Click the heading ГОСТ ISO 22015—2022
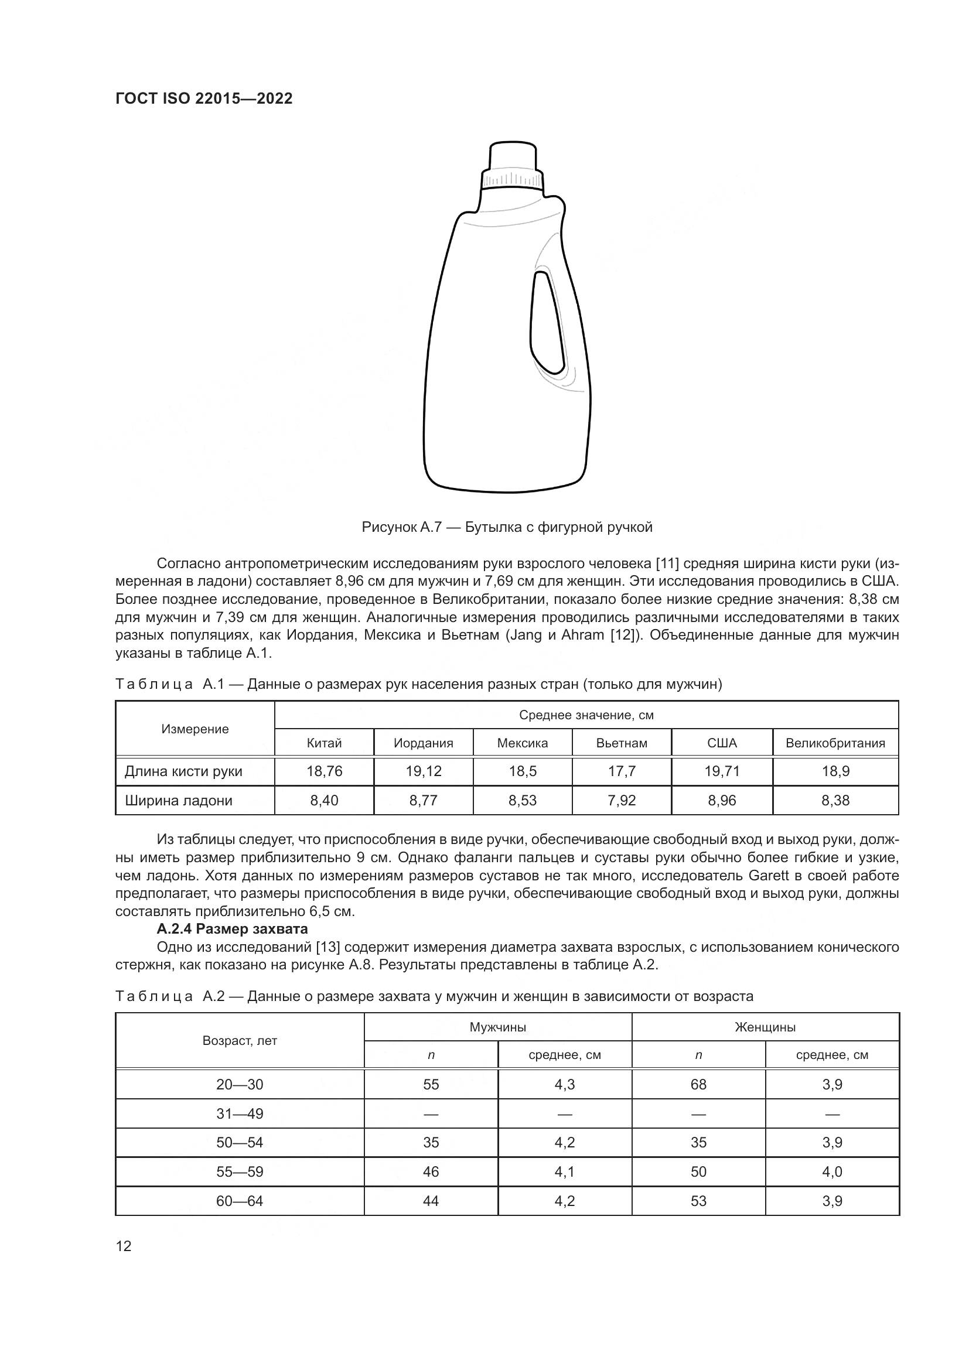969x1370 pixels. coord(204,99)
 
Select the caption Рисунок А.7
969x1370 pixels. coord(507,527)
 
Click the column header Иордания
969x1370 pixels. coord(423,743)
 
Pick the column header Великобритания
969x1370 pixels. coord(835,743)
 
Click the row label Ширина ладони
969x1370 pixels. coord(179,800)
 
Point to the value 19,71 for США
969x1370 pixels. coord(722,771)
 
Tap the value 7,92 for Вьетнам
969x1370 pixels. coord(622,800)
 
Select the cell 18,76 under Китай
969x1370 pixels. coord(325,771)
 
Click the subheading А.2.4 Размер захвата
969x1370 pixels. coord(232,929)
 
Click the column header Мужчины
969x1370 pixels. coord(497,1027)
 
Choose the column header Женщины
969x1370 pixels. coord(765,1027)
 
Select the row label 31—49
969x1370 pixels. coord(240,1113)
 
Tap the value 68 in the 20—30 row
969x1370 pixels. coord(698,1084)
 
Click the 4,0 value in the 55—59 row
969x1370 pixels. coord(832,1171)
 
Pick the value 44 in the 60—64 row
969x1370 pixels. coord(431,1201)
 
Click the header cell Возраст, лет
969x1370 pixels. coord(240,1041)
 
